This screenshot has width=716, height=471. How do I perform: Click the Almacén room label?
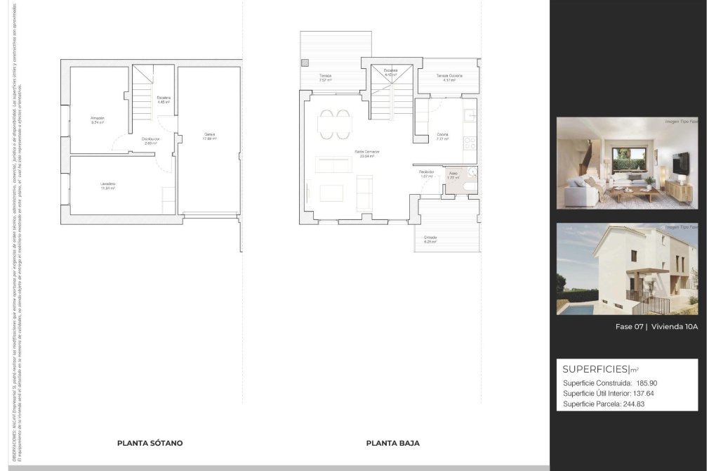(x=97, y=117)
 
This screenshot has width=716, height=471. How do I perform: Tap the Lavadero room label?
(x=107, y=184)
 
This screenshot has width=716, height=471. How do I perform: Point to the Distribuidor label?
(x=150, y=139)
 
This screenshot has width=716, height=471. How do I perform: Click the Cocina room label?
(x=442, y=134)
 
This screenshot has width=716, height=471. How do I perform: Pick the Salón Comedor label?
(x=366, y=152)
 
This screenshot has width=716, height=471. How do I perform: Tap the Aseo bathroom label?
(x=453, y=173)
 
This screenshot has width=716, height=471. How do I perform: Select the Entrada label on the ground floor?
(x=430, y=238)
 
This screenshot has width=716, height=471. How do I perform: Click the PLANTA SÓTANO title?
(x=150, y=443)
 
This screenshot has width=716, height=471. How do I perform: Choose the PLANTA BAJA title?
(x=393, y=443)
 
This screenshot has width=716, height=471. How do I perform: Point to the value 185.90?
(x=647, y=383)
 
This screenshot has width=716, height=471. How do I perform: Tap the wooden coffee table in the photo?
(x=635, y=191)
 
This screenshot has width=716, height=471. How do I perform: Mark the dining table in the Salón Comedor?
(x=334, y=124)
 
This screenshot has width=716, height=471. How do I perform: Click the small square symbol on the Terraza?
(x=305, y=63)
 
